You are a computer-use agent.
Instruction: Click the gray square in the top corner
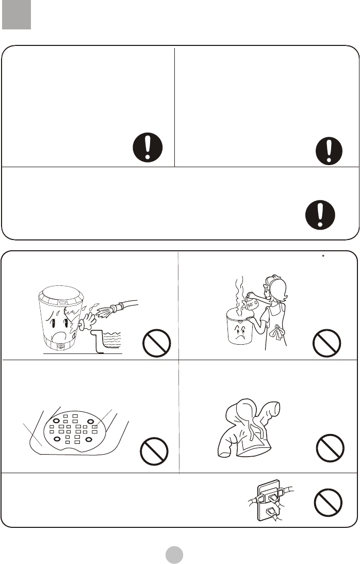16,14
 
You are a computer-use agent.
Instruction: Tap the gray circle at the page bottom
174,555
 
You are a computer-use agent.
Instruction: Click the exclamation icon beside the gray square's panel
148,148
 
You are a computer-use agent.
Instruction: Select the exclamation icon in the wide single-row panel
320,215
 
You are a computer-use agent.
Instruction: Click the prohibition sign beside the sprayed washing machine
156,343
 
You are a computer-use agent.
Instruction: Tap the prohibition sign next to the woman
326,343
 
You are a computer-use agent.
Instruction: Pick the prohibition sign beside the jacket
330,448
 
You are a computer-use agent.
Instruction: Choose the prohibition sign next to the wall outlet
328,503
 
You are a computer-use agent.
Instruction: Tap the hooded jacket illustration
249,428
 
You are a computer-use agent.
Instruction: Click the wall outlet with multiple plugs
270,501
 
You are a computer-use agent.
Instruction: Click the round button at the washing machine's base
60,347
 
